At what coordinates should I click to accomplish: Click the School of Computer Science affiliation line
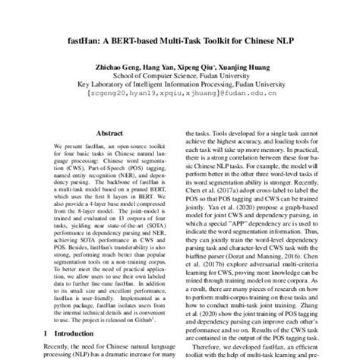coord(180,76)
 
